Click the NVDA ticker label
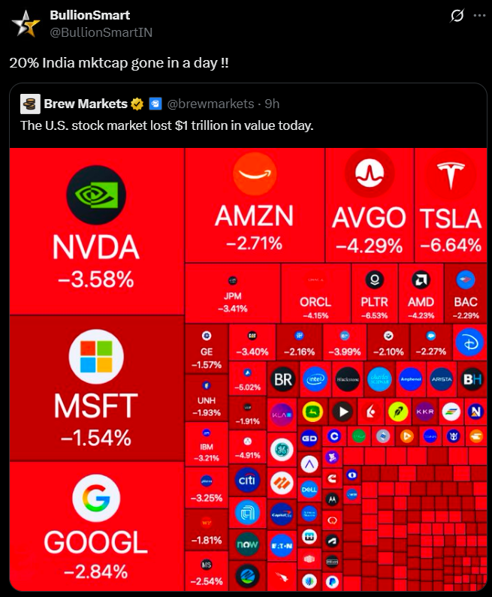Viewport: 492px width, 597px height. click(96, 248)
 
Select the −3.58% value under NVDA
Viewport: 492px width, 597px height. click(96, 280)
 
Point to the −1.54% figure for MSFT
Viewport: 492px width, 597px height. click(96, 437)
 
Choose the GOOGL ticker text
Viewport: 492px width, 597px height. click(96, 542)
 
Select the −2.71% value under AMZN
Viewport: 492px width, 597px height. click(255, 243)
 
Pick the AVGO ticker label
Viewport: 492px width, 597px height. click(369, 218)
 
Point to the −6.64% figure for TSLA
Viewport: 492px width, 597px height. click(451, 245)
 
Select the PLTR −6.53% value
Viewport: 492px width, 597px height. click(373, 315)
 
